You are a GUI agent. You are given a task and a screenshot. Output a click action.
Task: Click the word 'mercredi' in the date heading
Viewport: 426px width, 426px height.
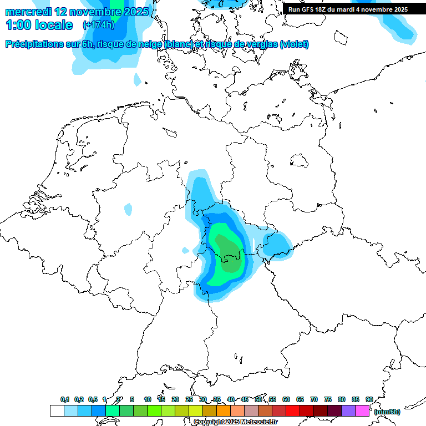(x=28, y=11)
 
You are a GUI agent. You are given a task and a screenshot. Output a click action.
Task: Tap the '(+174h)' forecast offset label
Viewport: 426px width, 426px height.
(x=99, y=25)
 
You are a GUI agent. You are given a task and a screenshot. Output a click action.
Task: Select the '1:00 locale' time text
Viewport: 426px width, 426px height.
(x=39, y=25)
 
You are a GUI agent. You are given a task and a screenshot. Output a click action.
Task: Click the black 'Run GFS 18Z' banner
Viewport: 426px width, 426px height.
(x=348, y=9)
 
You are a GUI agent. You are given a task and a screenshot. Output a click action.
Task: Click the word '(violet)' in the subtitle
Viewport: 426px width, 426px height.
(x=294, y=44)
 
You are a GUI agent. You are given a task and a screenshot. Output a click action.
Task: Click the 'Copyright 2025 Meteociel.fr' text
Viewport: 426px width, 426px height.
(x=235, y=422)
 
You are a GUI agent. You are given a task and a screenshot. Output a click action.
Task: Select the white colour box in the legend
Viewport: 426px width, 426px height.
(x=57, y=411)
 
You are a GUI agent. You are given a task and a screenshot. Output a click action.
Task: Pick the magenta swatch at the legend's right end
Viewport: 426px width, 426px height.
(x=362, y=411)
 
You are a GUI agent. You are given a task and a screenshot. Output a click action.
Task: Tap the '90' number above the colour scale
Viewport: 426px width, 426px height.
(x=369, y=399)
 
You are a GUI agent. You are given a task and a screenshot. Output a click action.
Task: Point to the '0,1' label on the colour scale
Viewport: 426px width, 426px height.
(x=65, y=399)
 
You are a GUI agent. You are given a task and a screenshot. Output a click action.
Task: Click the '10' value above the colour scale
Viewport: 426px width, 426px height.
(x=148, y=399)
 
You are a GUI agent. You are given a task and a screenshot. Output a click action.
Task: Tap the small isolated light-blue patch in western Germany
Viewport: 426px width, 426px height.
(x=128, y=209)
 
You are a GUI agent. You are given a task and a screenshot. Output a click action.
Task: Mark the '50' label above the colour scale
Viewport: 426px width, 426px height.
(x=258, y=399)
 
